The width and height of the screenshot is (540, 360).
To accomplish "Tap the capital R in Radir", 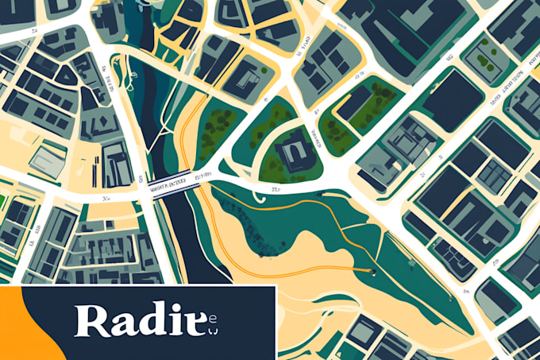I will tap(91, 320).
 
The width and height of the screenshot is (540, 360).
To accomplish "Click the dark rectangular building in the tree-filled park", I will tap(356, 102).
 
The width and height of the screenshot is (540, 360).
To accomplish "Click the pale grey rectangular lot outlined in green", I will tap(48, 159).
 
